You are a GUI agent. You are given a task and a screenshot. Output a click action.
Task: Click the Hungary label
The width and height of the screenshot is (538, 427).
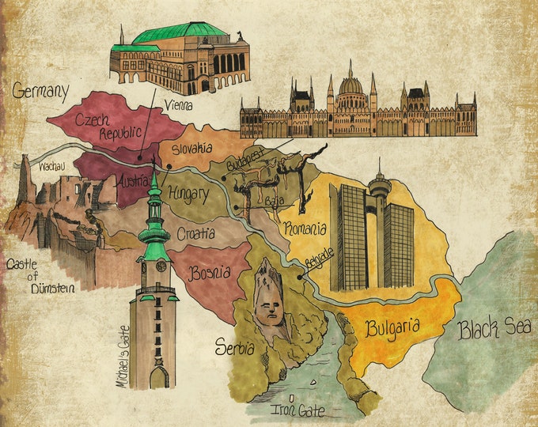(x=188, y=193)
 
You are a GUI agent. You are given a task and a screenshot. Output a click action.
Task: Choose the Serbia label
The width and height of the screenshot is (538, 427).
(x=235, y=347)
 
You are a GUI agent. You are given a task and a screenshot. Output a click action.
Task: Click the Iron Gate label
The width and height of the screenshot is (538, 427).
(x=297, y=410)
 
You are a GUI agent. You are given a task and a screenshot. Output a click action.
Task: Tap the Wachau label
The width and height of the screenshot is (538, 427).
(x=51, y=168)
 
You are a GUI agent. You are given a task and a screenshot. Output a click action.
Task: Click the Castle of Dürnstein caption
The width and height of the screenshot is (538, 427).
(x=40, y=278)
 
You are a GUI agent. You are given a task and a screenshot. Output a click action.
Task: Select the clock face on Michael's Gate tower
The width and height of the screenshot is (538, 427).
(x=161, y=266)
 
